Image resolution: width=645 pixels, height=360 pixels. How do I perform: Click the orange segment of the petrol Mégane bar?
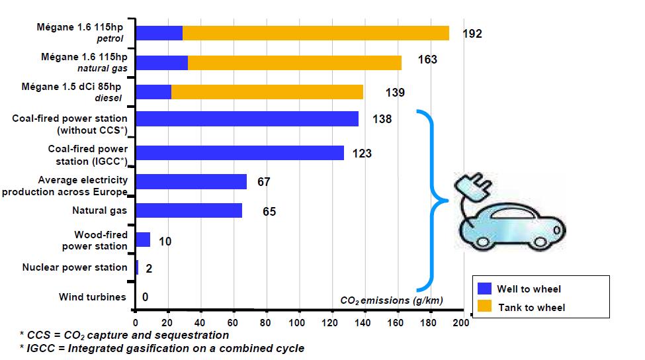pos(316,33)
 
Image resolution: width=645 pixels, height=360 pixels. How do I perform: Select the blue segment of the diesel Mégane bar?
pos(153,92)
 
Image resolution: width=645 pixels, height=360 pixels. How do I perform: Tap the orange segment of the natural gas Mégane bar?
pos(294,63)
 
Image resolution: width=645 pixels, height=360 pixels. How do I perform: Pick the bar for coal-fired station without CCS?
pos(247,119)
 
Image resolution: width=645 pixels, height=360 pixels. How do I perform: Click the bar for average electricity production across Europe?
pos(191,181)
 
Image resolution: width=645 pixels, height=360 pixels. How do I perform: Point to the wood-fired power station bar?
pos(142,240)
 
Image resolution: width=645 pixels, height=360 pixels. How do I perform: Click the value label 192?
pos(472,34)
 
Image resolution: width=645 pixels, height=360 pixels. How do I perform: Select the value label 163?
pos(427,60)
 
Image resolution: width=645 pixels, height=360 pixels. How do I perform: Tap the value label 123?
pos(362,154)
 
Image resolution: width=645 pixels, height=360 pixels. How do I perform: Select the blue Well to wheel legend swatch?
pos(485,289)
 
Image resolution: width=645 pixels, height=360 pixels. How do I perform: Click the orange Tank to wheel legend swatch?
pos(485,307)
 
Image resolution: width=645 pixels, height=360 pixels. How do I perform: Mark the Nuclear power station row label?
pos(75,267)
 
